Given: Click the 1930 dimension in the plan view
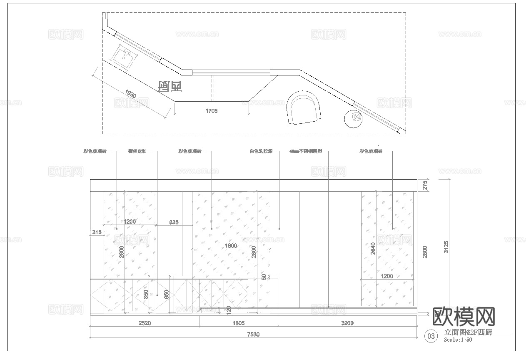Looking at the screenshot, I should pyautogui.click(x=130, y=95).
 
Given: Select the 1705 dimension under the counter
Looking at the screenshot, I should pyautogui.click(x=211, y=111).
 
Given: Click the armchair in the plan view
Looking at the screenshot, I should pyautogui.click(x=304, y=108).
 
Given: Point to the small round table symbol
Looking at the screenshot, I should pyautogui.click(x=354, y=118).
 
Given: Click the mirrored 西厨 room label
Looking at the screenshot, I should pyautogui.click(x=170, y=86).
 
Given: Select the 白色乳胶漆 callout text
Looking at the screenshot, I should pyautogui.click(x=261, y=152).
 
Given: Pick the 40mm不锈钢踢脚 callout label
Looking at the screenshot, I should pyautogui.click(x=306, y=152).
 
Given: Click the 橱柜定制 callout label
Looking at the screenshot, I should pyautogui.click(x=137, y=152).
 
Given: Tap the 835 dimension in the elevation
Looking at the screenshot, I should pyautogui.click(x=174, y=222).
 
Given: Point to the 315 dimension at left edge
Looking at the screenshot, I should pyautogui.click(x=97, y=232).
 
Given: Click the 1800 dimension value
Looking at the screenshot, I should pyautogui.click(x=231, y=246).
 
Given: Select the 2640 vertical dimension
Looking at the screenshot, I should pyautogui.click(x=373, y=248).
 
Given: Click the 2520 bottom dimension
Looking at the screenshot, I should pyautogui.click(x=145, y=323).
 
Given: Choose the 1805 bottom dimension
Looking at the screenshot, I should pyautogui.click(x=238, y=323).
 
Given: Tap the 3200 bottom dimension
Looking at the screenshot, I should pyautogui.click(x=347, y=323).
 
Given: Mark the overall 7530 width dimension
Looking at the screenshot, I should pyautogui.click(x=253, y=334).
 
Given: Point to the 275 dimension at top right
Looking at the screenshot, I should pyautogui.click(x=425, y=185).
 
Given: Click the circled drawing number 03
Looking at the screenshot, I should pyautogui.click(x=431, y=336).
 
